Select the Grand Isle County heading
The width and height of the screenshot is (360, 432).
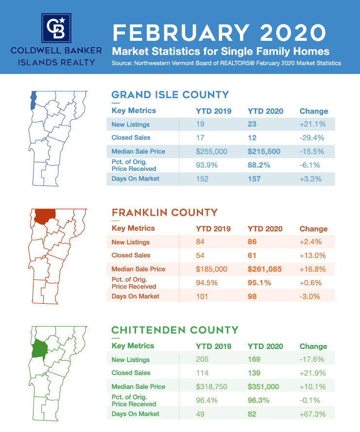(x=170, y=94)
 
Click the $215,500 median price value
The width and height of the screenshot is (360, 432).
(x=264, y=152)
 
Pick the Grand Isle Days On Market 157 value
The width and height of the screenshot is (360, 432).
(x=254, y=179)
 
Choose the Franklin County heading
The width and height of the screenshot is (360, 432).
(x=165, y=212)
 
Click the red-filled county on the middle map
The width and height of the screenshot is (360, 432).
(x=44, y=216)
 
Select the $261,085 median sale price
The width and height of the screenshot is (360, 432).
(x=264, y=269)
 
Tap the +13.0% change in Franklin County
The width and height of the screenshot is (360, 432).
(x=312, y=255)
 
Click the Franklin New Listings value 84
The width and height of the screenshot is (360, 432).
(x=200, y=242)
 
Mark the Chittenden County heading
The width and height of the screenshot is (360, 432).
(x=175, y=330)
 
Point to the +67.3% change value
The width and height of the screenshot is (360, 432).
(x=312, y=414)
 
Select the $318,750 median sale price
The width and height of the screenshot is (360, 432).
(x=211, y=387)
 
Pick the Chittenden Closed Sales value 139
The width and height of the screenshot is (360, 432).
(x=254, y=373)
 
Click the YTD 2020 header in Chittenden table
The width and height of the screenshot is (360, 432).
(x=265, y=346)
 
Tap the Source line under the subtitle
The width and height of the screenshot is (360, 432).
(x=226, y=63)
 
